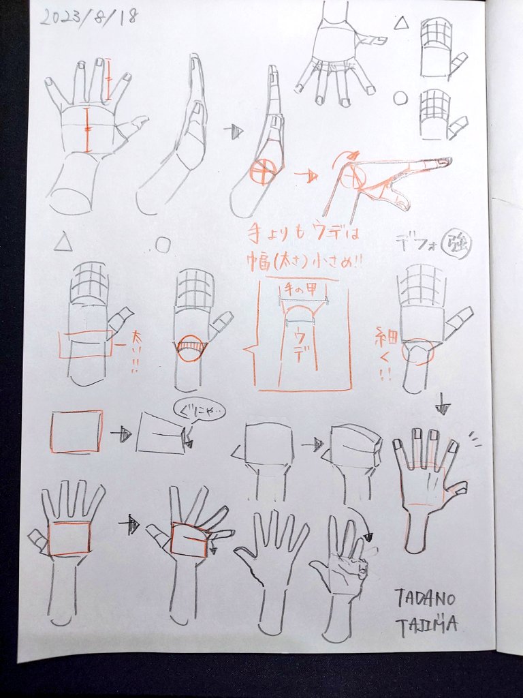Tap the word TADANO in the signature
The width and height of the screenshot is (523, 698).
pos(425,598)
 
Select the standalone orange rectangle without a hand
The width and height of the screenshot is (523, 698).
pos(76,431)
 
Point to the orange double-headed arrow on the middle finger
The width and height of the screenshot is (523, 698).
pos(109,80)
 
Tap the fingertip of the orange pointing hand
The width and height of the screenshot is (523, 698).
pos(445,162)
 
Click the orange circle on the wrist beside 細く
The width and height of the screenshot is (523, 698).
pos(417,351)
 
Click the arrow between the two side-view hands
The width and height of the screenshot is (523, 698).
pos(234,132)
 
